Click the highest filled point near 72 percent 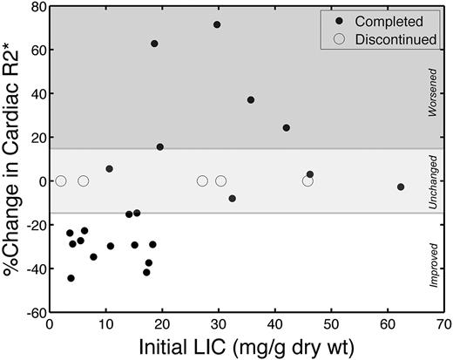point(217,24)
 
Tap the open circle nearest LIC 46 point(308,181)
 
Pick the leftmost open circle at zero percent point(61,181)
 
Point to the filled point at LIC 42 point(286,128)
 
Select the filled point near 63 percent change point(154,44)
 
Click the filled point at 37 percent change point(251,100)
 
